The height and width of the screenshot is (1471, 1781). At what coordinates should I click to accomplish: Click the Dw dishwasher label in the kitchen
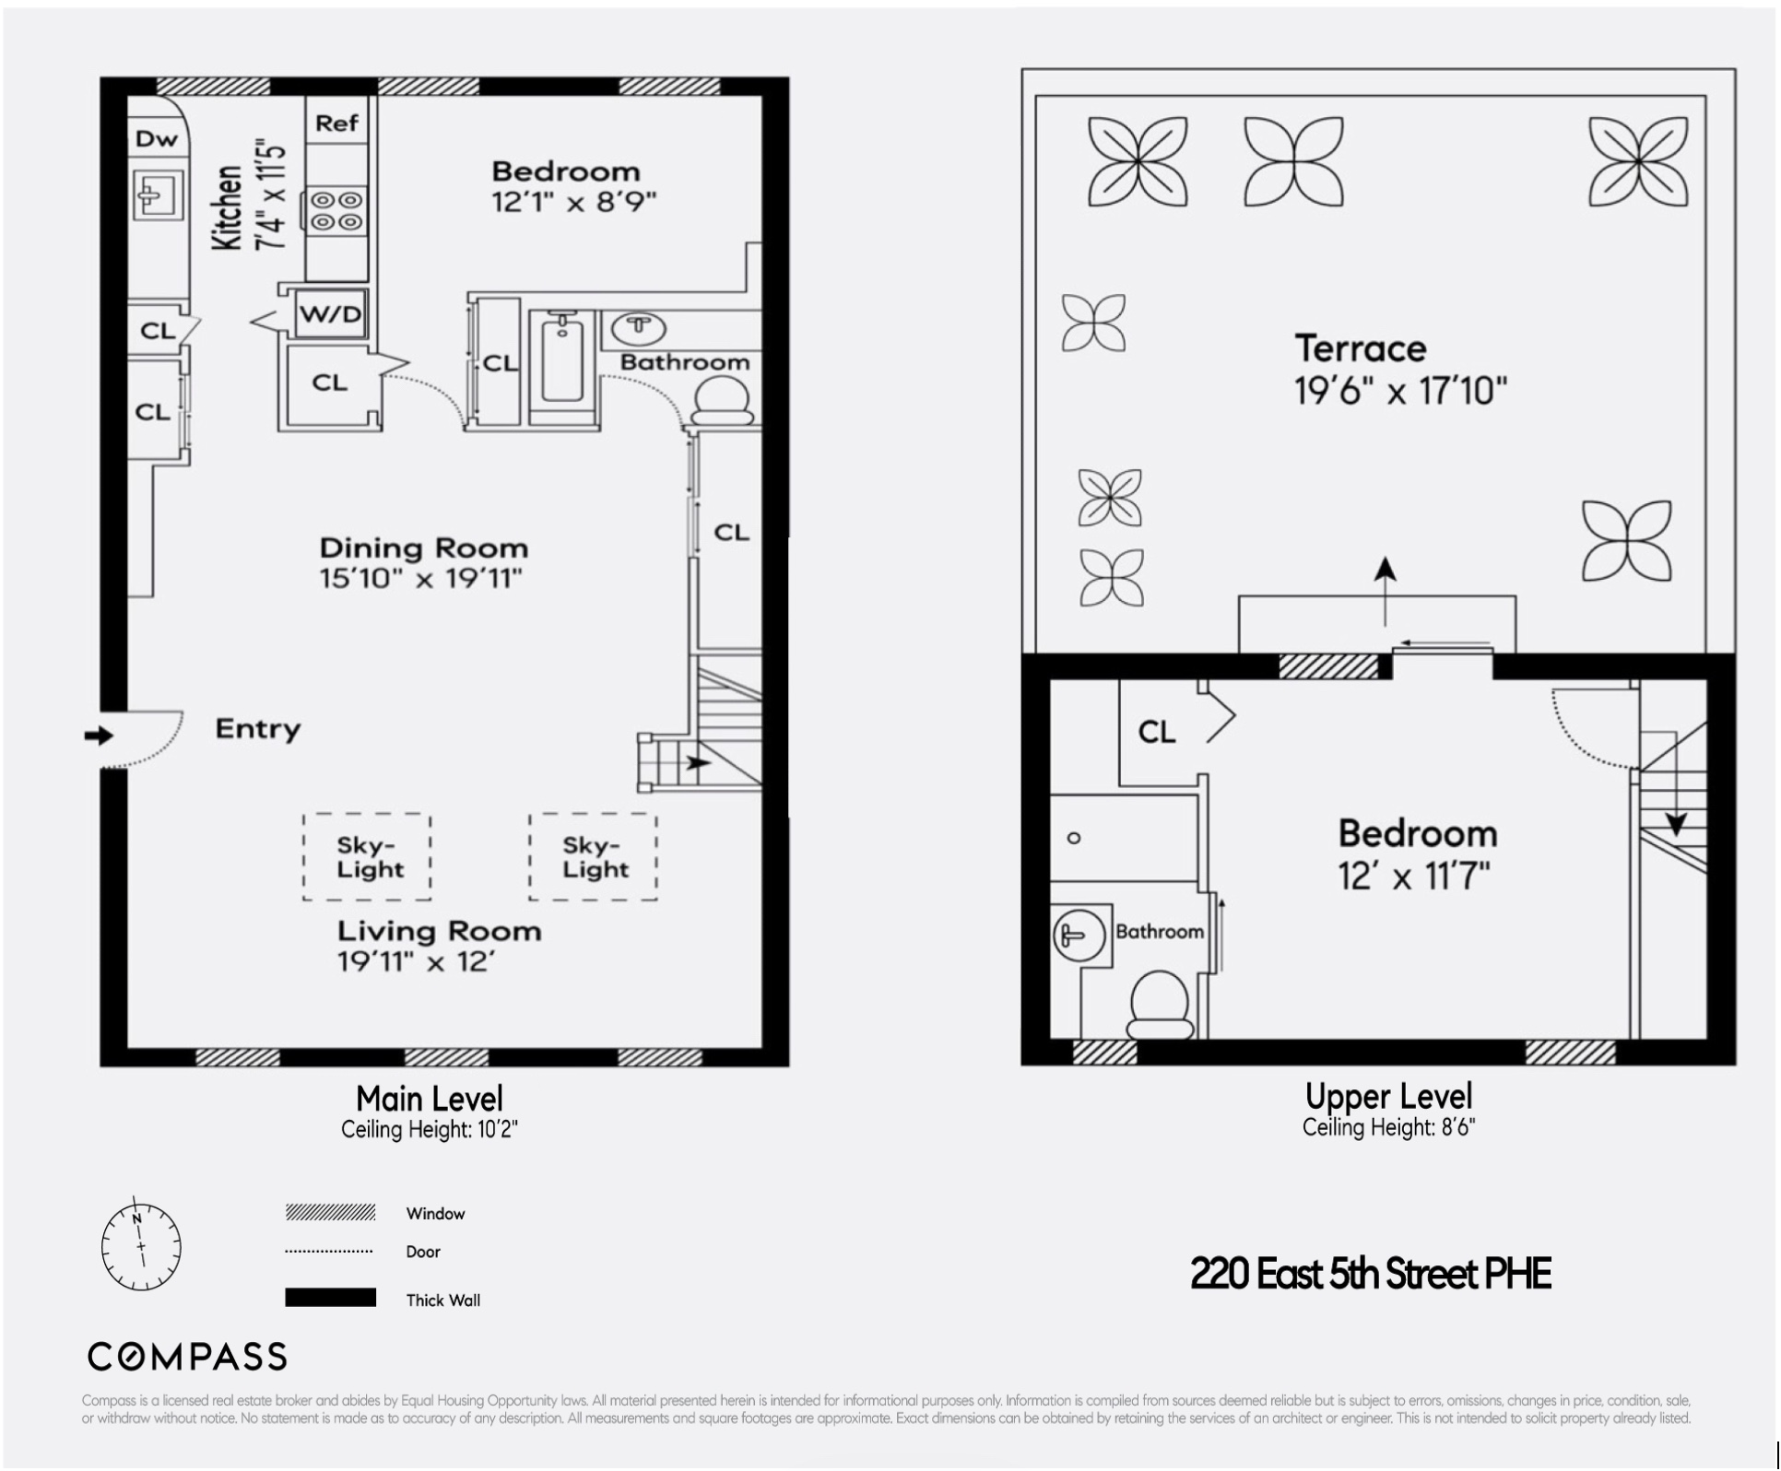click(156, 139)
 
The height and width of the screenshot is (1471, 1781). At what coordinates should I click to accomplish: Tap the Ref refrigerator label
click(336, 123)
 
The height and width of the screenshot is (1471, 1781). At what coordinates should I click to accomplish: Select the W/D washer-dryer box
click(331, 313)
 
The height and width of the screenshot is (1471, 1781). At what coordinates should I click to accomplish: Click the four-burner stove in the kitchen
click(336, 210)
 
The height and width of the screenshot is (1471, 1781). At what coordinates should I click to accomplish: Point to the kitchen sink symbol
click(157, 194)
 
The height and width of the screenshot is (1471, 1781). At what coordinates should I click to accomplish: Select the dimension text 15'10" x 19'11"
click(420, 579)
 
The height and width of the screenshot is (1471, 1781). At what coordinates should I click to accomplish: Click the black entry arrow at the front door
click(98, 735)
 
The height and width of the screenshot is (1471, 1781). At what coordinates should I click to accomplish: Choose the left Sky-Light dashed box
click(367, 856)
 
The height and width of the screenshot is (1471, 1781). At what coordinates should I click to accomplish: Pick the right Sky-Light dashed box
click(593, 856)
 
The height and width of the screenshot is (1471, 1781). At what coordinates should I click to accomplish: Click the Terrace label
click(1360, 349)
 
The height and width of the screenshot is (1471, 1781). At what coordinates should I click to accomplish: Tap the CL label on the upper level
click(1157, 732)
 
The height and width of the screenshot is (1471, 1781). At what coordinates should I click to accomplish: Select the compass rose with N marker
click(141, 1247)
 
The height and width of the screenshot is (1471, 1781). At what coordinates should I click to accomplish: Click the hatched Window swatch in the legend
click(330, 1212)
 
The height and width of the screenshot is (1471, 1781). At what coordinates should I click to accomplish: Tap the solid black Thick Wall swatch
click(330, 1298)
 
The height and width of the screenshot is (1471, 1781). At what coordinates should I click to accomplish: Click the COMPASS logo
click(187, 1357)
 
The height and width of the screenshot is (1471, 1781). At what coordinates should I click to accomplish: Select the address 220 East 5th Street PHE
click(1370, 1274)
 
